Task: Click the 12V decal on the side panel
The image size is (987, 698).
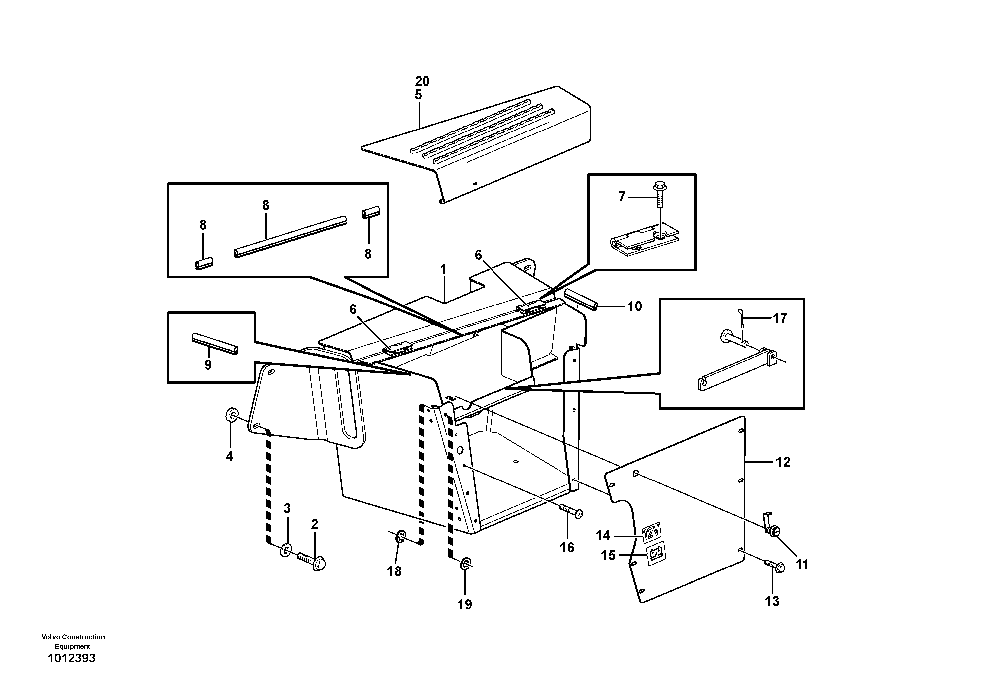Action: click(651, 533)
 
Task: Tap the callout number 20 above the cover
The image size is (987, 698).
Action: click(422, 81)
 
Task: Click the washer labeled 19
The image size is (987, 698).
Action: click(466, 564)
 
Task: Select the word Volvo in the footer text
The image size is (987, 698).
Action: click(51, 637)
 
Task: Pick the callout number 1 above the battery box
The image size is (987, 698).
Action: click(444, 269)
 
